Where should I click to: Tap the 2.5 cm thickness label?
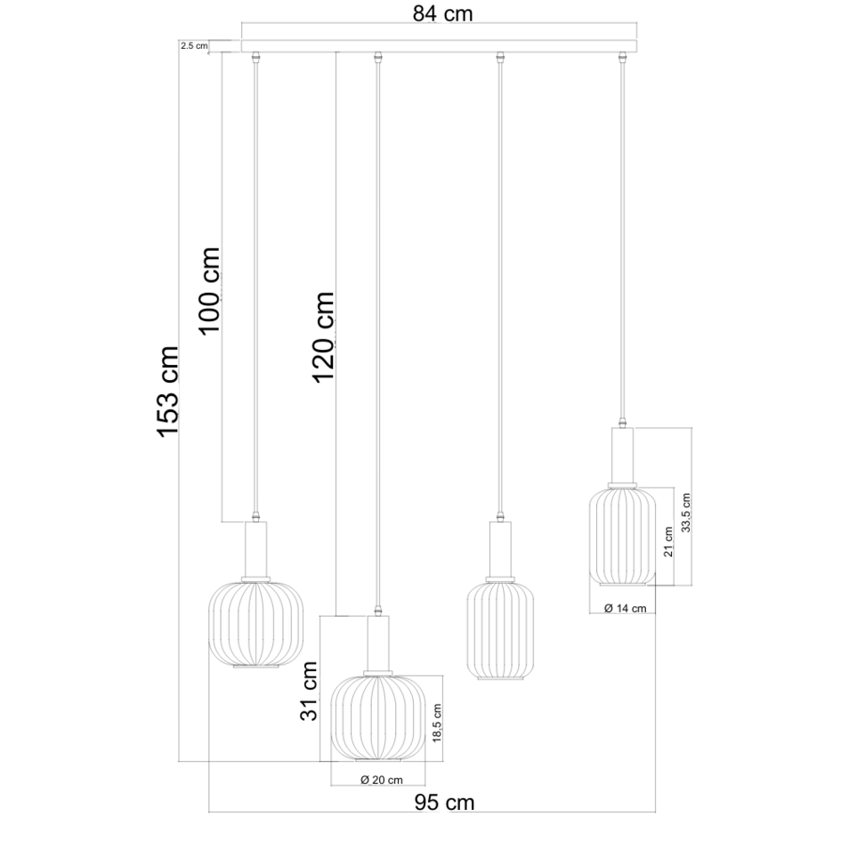[193, 45]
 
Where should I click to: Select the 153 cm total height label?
[168, 392]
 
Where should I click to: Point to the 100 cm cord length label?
[209, 290]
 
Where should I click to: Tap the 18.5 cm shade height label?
[437, 724]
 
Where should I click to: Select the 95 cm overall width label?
[445, 803]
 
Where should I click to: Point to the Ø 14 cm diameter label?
[624, 609]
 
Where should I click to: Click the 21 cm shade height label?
[668, 540]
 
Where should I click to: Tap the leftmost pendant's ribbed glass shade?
[256, 622]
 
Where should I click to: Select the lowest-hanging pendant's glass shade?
[376, 717]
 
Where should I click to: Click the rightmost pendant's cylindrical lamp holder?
[623, 454]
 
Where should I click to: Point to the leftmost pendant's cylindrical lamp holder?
[256, 549]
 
